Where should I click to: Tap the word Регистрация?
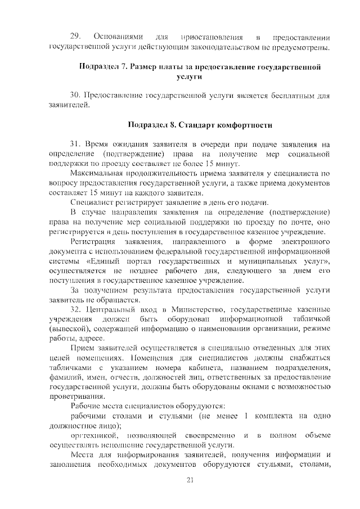tap(94, 241)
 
